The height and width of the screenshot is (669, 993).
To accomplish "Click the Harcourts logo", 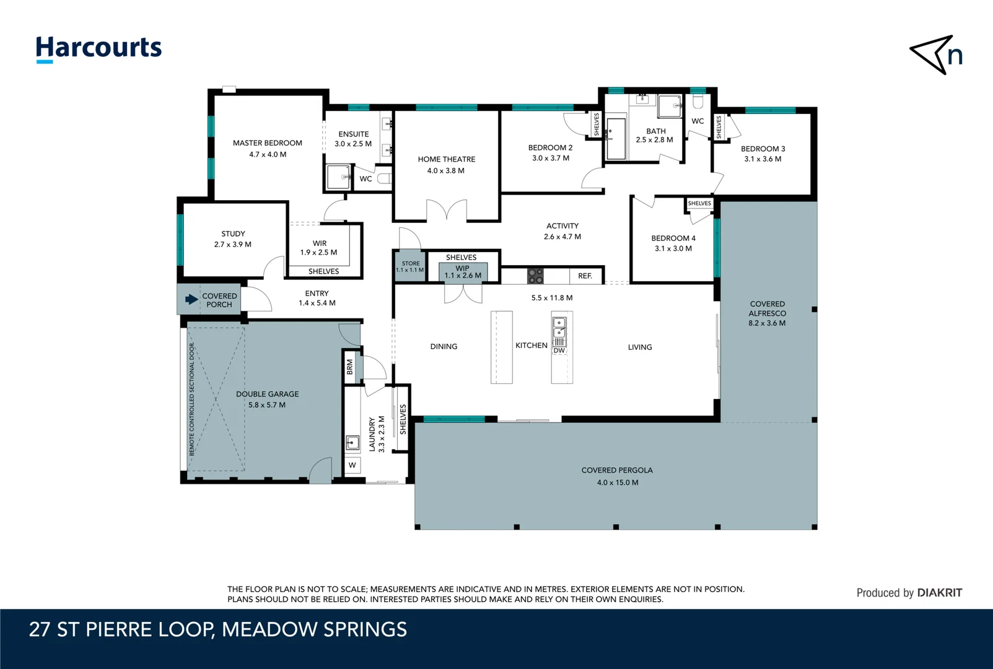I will pyautogui.click(x=98, y=48).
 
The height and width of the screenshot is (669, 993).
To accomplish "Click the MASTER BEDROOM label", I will pyautogui.click(x=268, y=143).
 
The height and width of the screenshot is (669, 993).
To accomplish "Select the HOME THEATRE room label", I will pyautogui.click(x=446, y=159).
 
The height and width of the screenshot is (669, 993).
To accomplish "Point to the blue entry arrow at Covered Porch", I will pyautogui.click(x=191, y=299).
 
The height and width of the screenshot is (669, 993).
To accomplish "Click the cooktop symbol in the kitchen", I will pyautogui.click(x=535, y=276).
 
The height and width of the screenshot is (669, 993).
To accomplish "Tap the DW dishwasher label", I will pyautogui.click(x=559, y=351).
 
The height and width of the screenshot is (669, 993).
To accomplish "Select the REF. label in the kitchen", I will pyautogui.click(x=585, y=276).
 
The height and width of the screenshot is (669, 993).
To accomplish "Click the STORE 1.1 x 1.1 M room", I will pyautogui.click(x=410, y=266).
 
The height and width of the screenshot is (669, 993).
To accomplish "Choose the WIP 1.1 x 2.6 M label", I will pyautogui.click(x=463, y=272).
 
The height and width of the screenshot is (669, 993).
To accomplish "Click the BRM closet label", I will pyautogui.click(x=350, y=367).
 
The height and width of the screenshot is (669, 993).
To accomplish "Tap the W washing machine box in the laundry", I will pyautogui.click(x=352, y=465).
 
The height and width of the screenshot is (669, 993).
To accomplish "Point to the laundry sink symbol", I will pyautogui.click(x=352, y=442).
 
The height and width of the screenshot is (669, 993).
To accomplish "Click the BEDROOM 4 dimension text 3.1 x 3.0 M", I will pyautogui.click(x=673, y=248).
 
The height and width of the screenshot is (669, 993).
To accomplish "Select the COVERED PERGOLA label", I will pyautogui.click(x=617, y=470).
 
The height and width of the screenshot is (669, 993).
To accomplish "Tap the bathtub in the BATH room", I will pyautogui.click(x=616, y=139).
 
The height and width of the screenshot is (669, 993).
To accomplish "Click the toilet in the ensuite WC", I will pyautogui.click(x=384, y=178).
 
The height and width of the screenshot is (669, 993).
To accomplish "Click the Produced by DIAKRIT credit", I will pyautogui.click(x=909, y=593).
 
